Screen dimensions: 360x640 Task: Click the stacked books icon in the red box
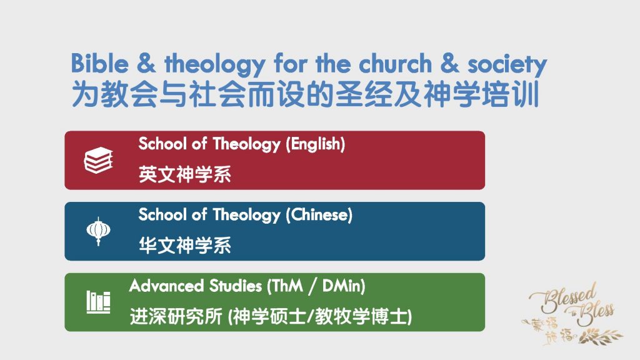98,161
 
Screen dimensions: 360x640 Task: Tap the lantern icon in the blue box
97,231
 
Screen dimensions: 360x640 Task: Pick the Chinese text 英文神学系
185,174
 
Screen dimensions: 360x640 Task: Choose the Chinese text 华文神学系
185,246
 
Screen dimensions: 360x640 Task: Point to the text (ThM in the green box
284,286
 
